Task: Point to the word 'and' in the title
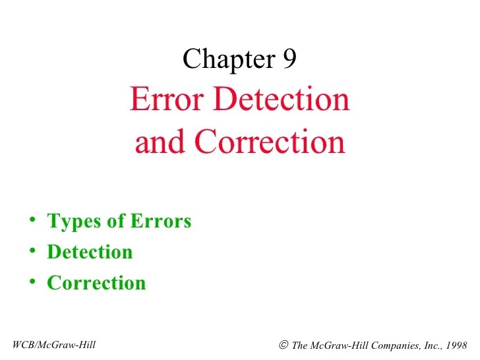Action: tap(155, 142)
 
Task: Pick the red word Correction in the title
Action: tap(270, 142)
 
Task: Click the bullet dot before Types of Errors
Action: tap(32, 220)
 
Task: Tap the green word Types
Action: tap(71, 221)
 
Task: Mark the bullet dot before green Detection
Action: tap(32, 251)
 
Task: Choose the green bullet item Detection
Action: tap(90, 252)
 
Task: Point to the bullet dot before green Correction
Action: tap(32, 282)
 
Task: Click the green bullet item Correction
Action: tap(96, 283)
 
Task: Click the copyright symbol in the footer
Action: tap(283, 344)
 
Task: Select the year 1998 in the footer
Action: tap(455, 345)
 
